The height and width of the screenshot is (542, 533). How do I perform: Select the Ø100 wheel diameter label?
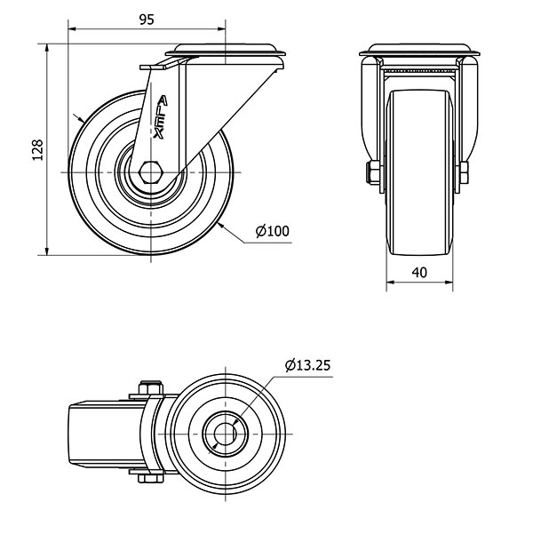(272, 232)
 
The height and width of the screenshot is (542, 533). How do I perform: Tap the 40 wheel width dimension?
(420, 274)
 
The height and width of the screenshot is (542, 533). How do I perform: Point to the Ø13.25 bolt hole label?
(308, 365)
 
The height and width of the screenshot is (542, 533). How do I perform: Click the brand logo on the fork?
(162, 116)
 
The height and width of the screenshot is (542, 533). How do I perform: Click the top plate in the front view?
(420, 51)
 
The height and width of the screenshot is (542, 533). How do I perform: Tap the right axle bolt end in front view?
(465, 174)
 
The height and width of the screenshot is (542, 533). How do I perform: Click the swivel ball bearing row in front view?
(420, 68)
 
